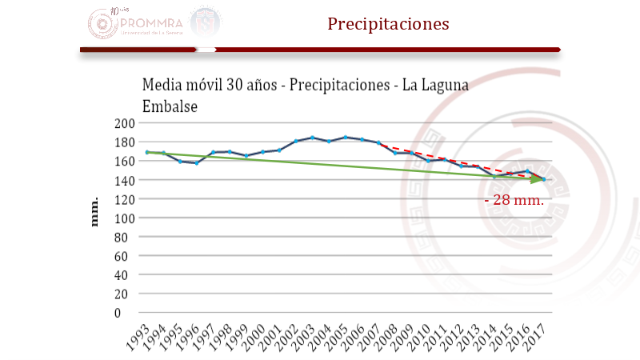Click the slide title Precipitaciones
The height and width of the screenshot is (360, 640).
(388, 24)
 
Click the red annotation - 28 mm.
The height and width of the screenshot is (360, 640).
(515, 200)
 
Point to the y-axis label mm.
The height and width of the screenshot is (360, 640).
(94, 211)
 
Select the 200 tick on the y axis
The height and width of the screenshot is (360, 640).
(123, 123)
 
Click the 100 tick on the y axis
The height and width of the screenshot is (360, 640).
(123, 218)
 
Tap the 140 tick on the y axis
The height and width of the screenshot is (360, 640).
(123, 180)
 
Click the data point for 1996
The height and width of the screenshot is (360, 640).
(197, 162)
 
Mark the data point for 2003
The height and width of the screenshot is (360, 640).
(312, 138)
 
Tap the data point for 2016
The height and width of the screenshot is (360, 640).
(527, 171)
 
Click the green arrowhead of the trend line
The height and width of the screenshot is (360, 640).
(538, 180)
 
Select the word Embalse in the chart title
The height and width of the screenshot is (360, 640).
(170, 106)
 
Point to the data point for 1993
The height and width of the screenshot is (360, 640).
(147, 152)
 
